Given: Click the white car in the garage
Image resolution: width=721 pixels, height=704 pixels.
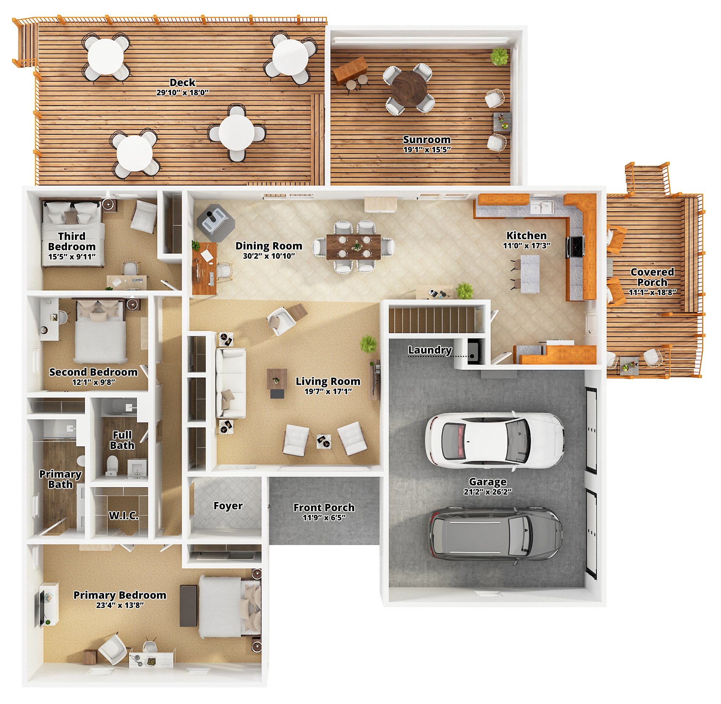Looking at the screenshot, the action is click(495, 441).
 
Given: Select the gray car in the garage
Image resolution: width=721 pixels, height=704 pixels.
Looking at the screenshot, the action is click(495, 535).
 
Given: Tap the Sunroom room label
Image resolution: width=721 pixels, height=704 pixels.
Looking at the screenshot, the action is click(426, 139).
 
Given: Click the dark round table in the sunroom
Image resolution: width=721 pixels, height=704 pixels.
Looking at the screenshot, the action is click(408, 89).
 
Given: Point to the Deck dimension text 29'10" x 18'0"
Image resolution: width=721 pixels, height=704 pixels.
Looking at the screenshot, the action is click(182, 92).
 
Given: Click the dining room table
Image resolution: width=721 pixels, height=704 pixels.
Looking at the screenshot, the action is click(353, 247).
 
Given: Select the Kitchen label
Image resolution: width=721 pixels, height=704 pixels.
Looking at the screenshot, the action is click(527, 236).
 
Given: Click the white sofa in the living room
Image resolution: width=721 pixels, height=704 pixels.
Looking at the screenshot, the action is click(231, 383).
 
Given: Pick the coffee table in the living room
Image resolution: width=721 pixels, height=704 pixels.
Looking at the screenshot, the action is click(277, 379).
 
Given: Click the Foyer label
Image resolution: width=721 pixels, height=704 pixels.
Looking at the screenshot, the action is click(228, 505).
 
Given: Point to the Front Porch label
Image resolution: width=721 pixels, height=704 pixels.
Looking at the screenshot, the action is click(324, 507).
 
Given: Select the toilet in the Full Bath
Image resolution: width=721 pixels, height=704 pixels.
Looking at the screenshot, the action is click(111, 465).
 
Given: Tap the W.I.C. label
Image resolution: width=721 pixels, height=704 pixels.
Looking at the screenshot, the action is click(124, 516).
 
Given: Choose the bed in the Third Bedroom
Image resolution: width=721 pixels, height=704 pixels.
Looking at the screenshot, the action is click(72, 233).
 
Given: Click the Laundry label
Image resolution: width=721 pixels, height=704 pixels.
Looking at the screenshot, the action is click(430, 350).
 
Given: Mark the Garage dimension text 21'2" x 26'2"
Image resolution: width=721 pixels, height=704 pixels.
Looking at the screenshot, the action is click(488, 492).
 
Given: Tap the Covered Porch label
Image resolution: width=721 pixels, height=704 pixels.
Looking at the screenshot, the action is click(652, 277).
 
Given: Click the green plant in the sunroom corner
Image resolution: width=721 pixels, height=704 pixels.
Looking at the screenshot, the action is click(499, 56).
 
